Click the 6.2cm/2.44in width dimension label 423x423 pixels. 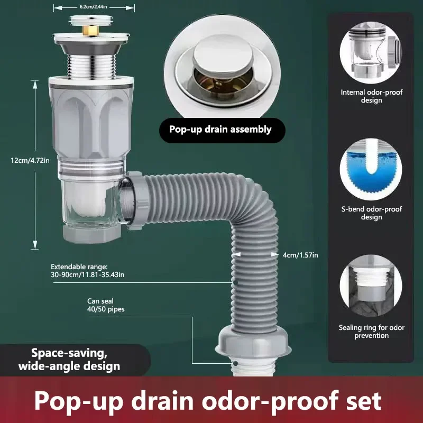click(x=93, y=7)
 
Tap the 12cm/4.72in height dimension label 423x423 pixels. click(x=30, y=161)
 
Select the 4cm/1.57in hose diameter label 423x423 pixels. click(x=300, y=255)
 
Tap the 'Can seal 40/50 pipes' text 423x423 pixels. click(x=106, y=305)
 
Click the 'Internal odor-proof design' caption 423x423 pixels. click(x=371, y=96)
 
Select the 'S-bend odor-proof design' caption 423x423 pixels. click(x=372, y=213)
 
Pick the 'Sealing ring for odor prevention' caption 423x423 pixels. click(x=372, y=332)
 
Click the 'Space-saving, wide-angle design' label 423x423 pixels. click(x=69, y=360)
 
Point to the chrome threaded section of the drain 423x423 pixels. click(x=91, y=67)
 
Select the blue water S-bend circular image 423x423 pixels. click(x=371, y=169)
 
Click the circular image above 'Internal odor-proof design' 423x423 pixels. click(x=371, y=53)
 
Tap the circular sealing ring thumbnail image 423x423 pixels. click(x=371, y=286)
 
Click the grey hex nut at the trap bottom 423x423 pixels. click(x=91, y=234)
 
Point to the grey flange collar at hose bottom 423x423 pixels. click(x=253, y=342)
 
